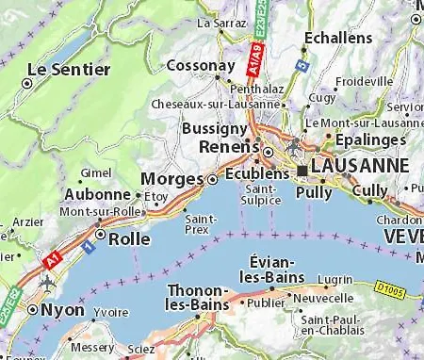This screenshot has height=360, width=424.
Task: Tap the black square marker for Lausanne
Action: (x=302, y=169)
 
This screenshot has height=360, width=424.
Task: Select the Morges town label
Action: (x=171, y=178)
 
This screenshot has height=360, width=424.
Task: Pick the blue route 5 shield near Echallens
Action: (x=301, y=67)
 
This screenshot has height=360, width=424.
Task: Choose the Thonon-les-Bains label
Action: (x=198, y=297)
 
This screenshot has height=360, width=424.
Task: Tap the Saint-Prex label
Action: (x=204, y=223)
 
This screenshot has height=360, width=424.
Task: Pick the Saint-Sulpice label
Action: (x=259, y=194)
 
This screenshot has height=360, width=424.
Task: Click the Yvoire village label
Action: (x=111, y=312)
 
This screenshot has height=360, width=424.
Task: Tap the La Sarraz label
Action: (x=219, y=21)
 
